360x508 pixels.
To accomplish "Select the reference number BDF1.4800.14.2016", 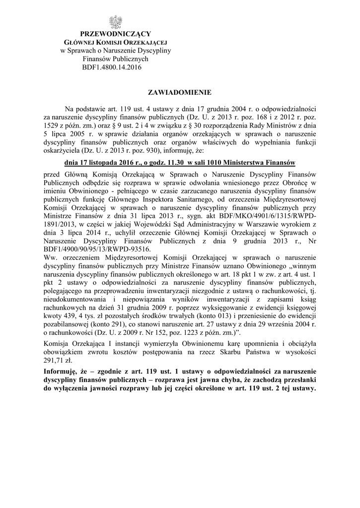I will click(115, 67).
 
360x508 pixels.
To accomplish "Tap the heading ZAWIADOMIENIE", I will click(180, 92).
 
